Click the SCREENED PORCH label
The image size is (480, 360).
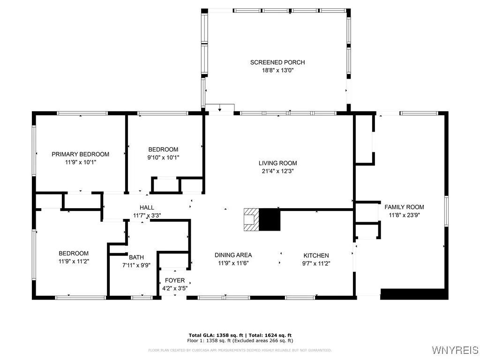[x=277, y=62]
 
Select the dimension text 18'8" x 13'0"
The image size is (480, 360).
[x=277, y=70]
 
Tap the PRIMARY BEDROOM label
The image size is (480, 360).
[x=80, y=154]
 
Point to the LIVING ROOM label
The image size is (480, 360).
[x=278, y=163]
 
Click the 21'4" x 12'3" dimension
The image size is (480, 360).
[x=278, y=171]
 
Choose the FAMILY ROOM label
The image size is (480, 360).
[x=404, y=207]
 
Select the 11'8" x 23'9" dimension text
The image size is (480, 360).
[x=404, y=215]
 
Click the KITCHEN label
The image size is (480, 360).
[x=316, y=255]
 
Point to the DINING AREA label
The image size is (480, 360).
[x=233, y=255]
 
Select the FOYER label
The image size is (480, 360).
[x=174, y=280]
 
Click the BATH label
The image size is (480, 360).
[x=136, y=257]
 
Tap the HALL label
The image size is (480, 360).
[x=147, y=208]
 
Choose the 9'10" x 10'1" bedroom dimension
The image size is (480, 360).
[x=163, y=157]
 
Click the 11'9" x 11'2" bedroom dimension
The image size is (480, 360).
[x=74, y=261]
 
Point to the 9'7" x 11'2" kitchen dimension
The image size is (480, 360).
[x=316, y=263]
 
